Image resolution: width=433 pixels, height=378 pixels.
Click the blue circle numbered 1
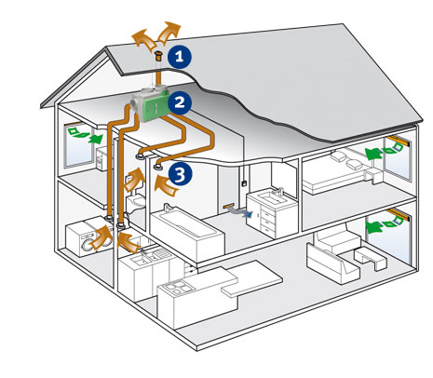(180, 57)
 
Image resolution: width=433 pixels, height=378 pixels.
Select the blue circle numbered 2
(180, 102)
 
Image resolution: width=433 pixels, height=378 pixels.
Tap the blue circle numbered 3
(180, 174)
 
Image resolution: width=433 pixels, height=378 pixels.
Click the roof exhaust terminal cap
(158, 57)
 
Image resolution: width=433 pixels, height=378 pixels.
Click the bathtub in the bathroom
(186, 230)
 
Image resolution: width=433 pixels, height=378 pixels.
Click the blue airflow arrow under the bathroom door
(240, 212)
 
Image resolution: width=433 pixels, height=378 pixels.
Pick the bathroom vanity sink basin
(271, 197)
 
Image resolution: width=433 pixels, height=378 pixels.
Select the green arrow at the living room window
(374, 227)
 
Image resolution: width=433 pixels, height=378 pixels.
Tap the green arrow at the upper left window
(95, 139)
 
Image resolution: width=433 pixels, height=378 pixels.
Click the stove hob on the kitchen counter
(178, 287)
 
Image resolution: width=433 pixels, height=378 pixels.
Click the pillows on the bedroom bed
(346, 160)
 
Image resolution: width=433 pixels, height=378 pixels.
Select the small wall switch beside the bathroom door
(244, 182)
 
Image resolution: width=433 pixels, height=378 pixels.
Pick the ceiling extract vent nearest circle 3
(159, 167)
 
